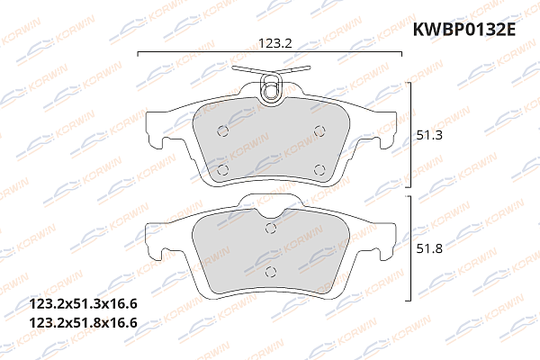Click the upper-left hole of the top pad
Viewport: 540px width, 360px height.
pyautogui.click(x=223, y=130)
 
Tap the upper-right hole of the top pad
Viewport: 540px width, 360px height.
pyautogui.click(x=318, y=130)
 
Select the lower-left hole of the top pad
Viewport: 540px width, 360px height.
pyautogui.click(x=222, y=167)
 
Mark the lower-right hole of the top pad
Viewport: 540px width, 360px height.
pyautogui.click(x=319, y=167)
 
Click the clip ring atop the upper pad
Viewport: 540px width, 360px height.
pyautogui.click(x=270, y=87)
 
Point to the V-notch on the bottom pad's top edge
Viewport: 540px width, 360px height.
pyautogui.click(x=270, y=214)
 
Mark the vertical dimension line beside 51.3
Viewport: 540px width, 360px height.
pyautogui.click(x=411, y=135)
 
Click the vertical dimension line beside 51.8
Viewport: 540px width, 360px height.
pyautogui.click(x=411, y=248)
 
